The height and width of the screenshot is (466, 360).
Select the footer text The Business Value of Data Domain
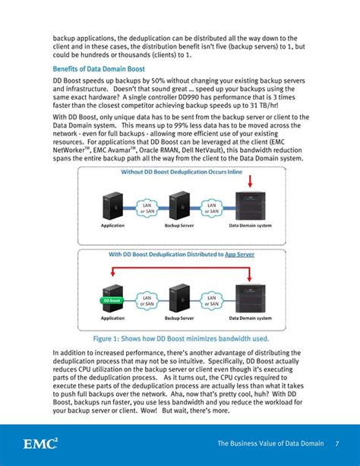pos(270,443)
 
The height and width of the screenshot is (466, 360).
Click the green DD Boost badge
pos(112,300)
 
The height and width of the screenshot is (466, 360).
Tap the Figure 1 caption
pos(180,339)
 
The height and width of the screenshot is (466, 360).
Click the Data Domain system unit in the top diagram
pos(253,204)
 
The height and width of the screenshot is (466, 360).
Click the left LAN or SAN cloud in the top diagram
pos(147,207)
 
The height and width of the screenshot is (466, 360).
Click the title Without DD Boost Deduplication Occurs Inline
pos(182,172)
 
